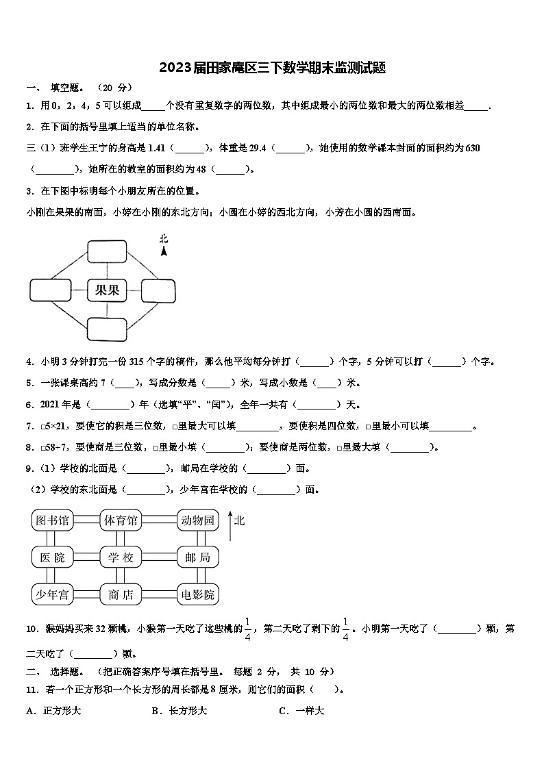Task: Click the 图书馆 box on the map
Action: pyautogui.click(x=52, y=521)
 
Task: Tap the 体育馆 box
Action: pyautogui.click(x=121, y=521)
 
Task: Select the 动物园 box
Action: pyautogui.click(x=197, y=521)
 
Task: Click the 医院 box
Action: pyautogui.click(x=52, y=557)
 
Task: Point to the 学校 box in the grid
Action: pyautogui.click(x=121, y=557)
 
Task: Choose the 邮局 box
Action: pyautogui.click(x=197, y=557)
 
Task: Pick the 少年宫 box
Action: pyautogui.click(x=52, y=594)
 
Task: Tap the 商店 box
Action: pyautogui.click(x=121, y=594)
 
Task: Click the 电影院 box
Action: pyautogui.click(x=197, y=594)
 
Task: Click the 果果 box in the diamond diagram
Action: pyautogui.click(x=106, y=290)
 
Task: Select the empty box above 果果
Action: pyautogui.click(x=106, y=251)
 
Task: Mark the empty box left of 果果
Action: pyautogui.click(x=49, y=290)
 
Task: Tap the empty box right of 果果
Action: pyautogui.click(x=159, y=290)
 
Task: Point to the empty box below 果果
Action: pyautogui.click(x=106, y=329)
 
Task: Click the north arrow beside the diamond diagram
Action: pyautogui.click(x=164, y=247)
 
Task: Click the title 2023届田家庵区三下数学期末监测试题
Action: pyautogui.click(x=272, y=68)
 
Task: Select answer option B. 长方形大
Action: pyautogui.click(x=180, y=711)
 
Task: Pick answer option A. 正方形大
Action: pyautogui.click(x=54, y=711)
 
